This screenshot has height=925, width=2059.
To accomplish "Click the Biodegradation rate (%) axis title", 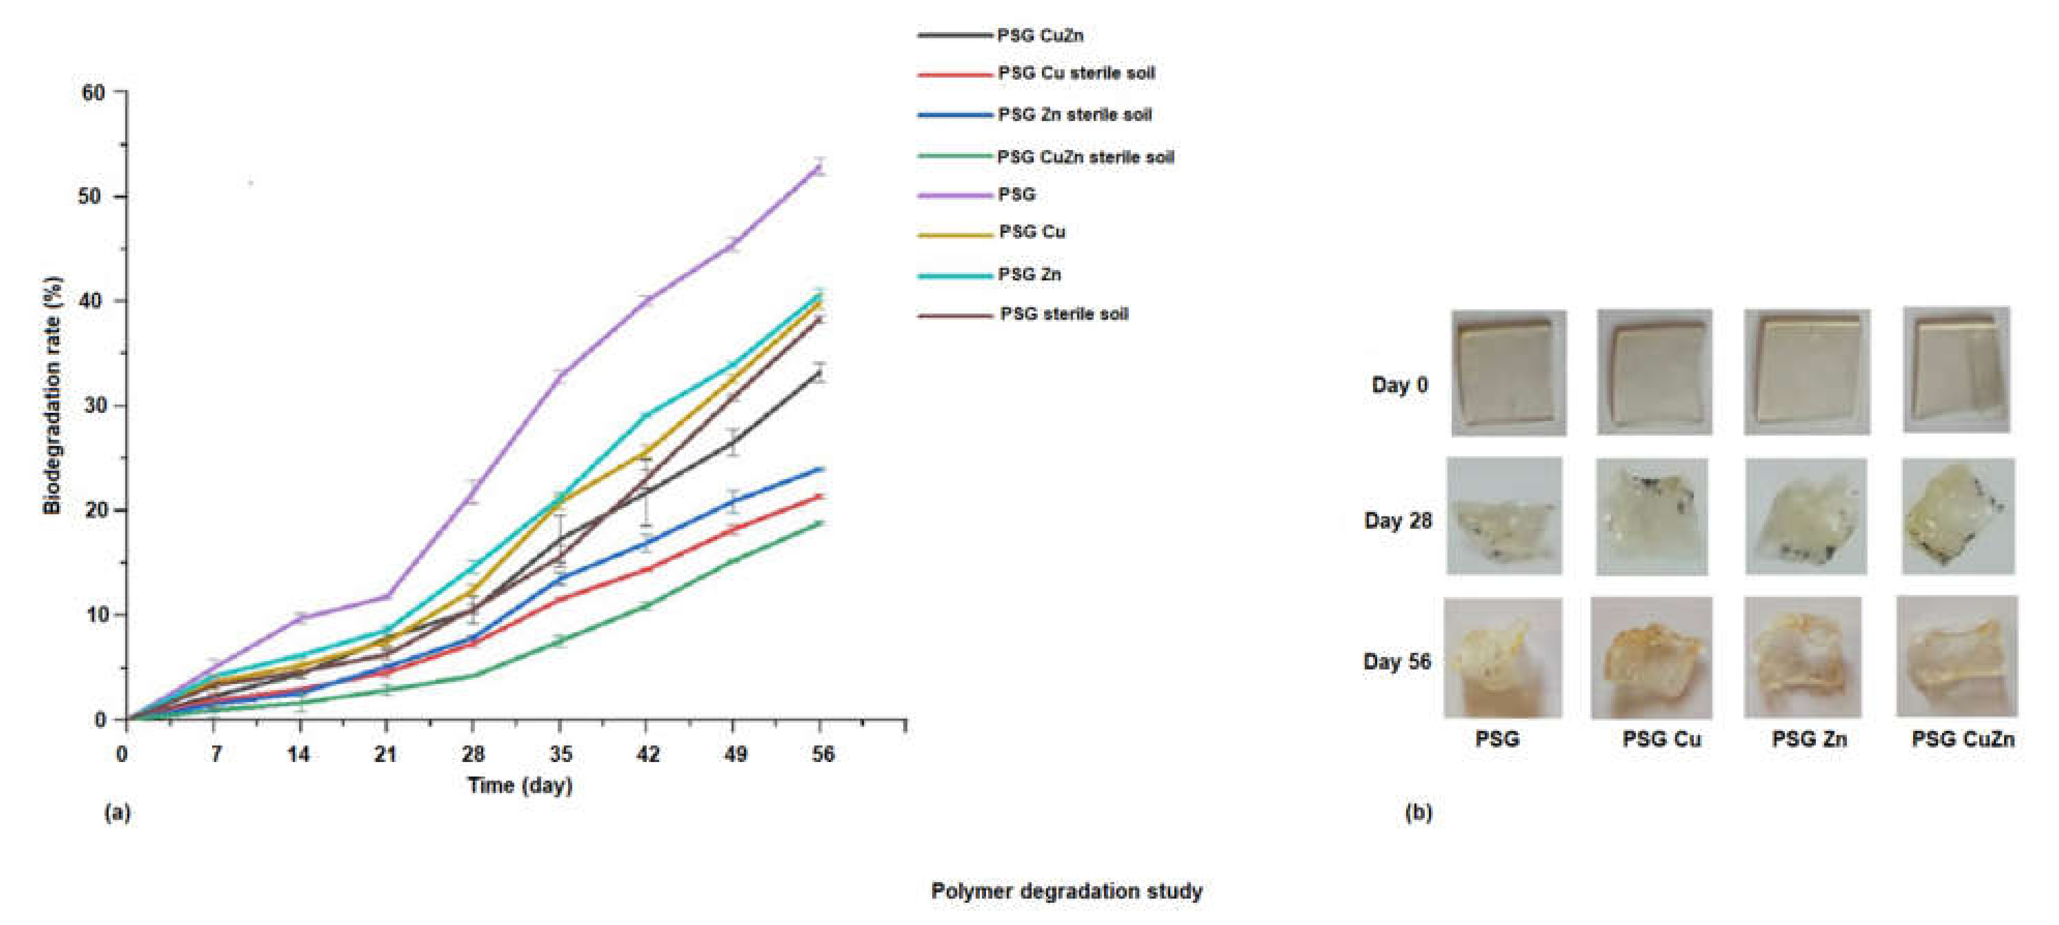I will (52, 396).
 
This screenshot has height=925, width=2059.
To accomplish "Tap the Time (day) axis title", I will (519, 785).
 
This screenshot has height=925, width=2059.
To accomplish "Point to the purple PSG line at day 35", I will (560, 376).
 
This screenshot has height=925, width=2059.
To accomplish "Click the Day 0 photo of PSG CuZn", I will (1956, 370).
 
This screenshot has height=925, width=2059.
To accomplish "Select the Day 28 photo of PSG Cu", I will (1652, 516).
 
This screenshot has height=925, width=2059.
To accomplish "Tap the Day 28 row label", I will (1397, 520).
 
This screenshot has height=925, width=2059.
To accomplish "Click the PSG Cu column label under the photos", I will (1661, 739).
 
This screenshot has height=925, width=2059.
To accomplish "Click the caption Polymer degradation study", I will (1066, 891).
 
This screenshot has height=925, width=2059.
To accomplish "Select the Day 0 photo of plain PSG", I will (1508, 372).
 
